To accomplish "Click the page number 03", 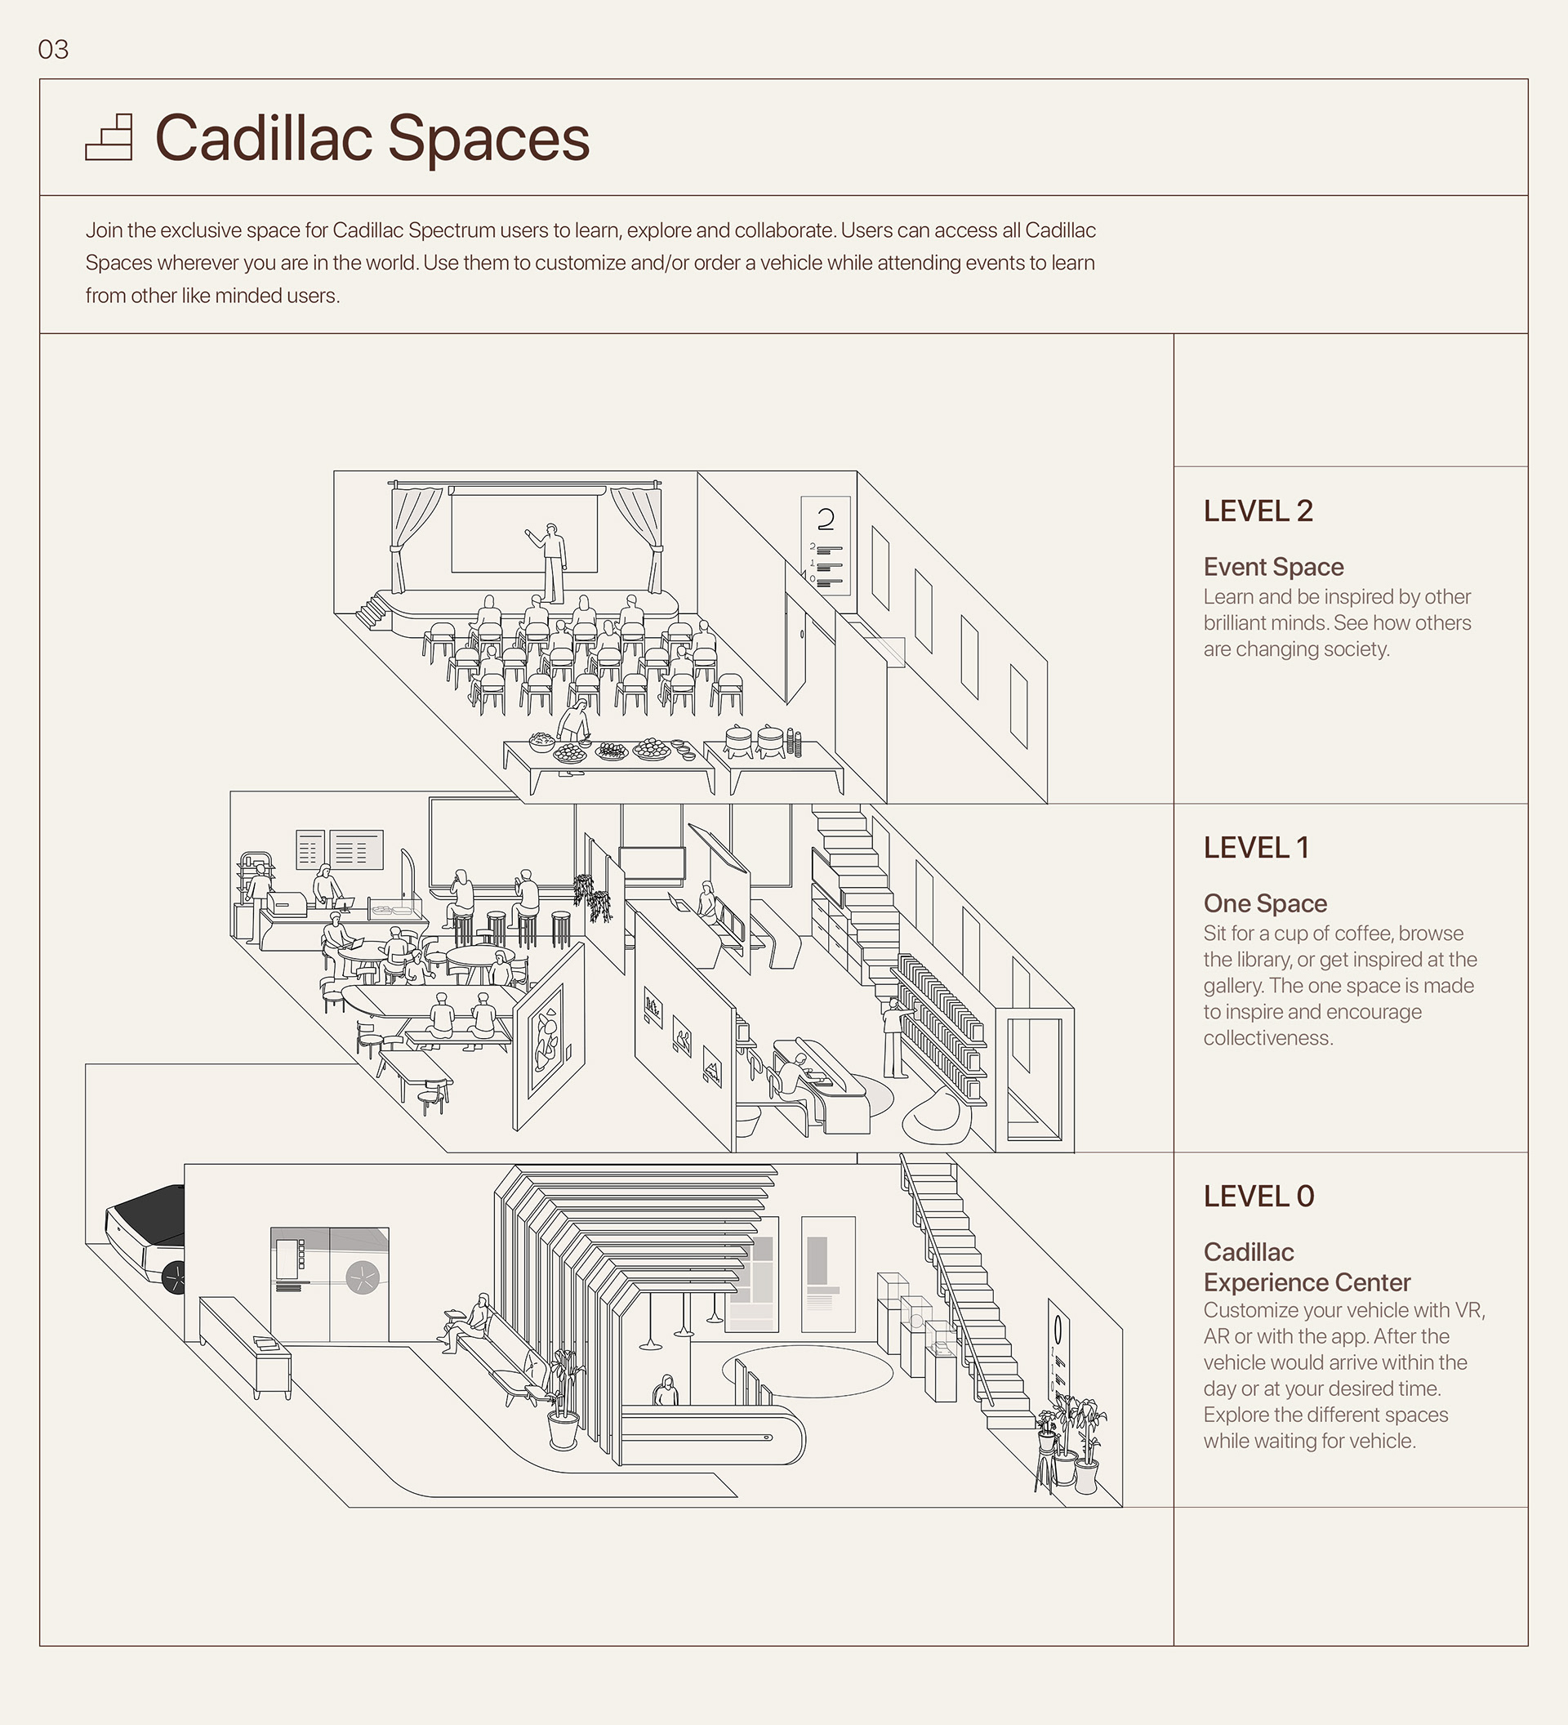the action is click(x=53, y=50).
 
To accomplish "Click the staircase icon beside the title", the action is click(x=109, y=138).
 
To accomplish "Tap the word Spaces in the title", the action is click(x=488, y=138).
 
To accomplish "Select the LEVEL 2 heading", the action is click(x=1258, y=510).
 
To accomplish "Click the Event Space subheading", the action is click(x=1273, y=567).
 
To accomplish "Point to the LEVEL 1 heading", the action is click(x=1256, y=847).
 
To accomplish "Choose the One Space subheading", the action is click(x=1264, y=903).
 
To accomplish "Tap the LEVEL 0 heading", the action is click(x=1258, y=1197).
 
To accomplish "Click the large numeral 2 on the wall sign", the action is click(x=826, y=519).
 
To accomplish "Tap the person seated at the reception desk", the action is click(x=666, y=1391).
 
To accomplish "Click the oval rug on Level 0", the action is click(x=807, y=1371).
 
